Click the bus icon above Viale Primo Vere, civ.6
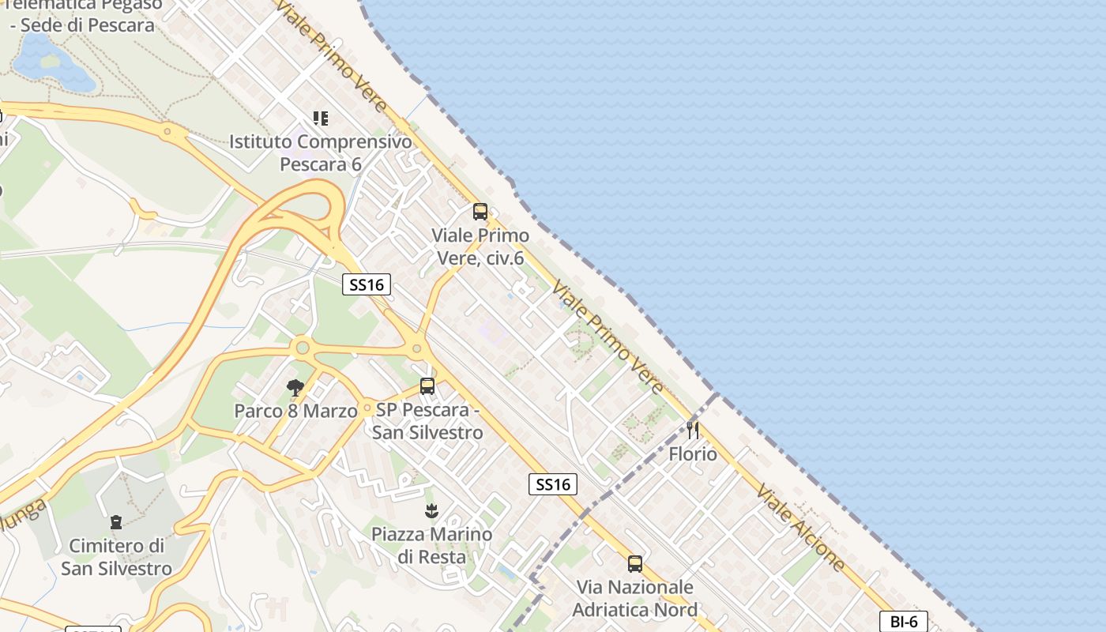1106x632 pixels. (480, 212)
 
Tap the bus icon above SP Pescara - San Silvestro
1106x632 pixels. (427, 386)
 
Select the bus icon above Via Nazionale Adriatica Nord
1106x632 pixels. (634, 564)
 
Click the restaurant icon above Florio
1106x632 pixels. (693, 431)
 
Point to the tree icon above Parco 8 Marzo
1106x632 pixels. (295, 387)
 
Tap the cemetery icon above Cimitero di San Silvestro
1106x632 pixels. (116, 522)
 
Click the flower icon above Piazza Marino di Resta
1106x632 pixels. (431, 511)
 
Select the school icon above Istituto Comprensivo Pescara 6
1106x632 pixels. (320, 118)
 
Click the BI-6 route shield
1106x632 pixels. (903, 621)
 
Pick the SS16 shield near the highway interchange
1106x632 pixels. (367, 284)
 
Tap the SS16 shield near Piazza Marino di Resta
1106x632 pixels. (552, 484)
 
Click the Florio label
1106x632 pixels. (693, 454)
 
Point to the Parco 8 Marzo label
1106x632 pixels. (295, 411)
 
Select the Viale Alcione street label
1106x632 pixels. (800, 527)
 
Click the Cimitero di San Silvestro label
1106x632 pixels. (116, 557)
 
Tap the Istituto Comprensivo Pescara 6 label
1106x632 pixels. (321, 153)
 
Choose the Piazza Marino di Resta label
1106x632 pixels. (431, 545)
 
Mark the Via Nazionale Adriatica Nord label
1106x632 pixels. (634, 598)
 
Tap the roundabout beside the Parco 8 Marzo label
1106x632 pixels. (367, 409)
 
